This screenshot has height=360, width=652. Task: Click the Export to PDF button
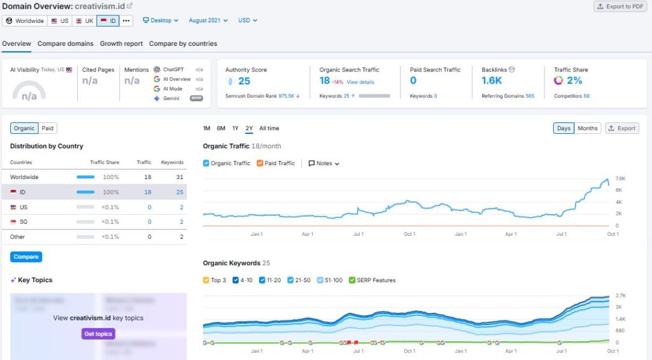click(620, 6)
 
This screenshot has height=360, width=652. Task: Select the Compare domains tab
click(66, 44)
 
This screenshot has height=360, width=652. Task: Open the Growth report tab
click(121, 44)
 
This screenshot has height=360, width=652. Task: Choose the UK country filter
click(84, 20)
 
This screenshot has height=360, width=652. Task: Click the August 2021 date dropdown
click(208, 20)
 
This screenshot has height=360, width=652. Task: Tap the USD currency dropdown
click(248, 20)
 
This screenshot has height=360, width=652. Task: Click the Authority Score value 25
click(244, 81)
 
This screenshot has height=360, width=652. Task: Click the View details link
click(360, 82)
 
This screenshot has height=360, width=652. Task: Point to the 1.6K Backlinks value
click(492, 81)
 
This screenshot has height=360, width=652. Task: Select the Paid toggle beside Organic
click(48, 128)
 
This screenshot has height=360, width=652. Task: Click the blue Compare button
click(26, 257)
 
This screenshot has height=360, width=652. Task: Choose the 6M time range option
click(221, 128)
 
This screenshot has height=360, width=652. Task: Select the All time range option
click(269, 128)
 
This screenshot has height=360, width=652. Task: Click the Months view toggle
click(587, 128)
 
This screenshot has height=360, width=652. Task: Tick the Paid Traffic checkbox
click(260, 163)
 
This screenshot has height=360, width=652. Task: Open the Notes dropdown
click(324, 163)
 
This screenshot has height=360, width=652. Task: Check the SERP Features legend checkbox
click(352, 280)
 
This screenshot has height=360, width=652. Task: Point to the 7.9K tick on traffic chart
click(620, 178)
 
